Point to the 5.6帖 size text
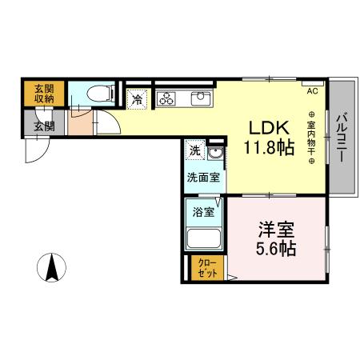pos(275,248)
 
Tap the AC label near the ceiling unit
pos(312,90)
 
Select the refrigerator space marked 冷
pos(138,100)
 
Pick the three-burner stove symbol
pos(166,99)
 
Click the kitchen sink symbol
pos(198,99)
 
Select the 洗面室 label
pos(203,177)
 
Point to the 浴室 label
pos(203,212)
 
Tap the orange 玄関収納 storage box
pos(44,94)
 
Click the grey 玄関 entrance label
pos(44,124)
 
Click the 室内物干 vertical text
pos(310,138)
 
